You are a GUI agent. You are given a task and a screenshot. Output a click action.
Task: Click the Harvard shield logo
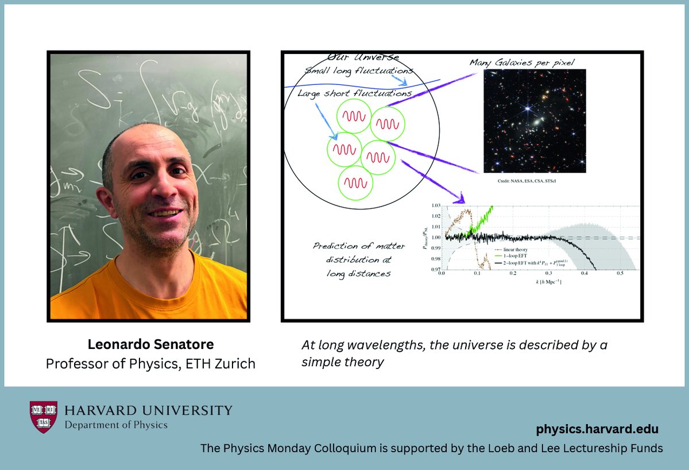point(44,417)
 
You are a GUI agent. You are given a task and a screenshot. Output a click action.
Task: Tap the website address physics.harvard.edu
point(597,429)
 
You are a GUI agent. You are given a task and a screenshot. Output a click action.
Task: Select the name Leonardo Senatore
point(150,345)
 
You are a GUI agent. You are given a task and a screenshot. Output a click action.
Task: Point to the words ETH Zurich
point(226,363)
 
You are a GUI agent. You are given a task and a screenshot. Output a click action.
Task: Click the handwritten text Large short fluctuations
point(354,93)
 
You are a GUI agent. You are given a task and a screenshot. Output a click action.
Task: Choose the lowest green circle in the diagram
point(356,183)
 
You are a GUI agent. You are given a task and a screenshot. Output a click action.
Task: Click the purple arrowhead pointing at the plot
point(459,199)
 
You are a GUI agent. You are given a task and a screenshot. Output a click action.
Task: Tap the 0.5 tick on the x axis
point(620,274)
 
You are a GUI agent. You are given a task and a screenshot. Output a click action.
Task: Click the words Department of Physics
point(115,425)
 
